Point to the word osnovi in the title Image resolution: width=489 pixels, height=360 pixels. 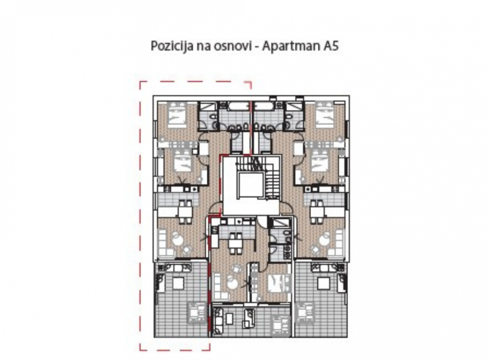[x=233, y=46]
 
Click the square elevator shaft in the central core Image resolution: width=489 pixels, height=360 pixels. [x=251, y=186]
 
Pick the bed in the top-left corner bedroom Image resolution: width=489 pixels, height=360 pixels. [x=177, y=116]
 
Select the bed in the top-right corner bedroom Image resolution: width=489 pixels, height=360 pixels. [x=324, y=116]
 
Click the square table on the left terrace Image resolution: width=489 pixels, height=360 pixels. [x=178, y=283]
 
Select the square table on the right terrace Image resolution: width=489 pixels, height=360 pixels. [x=323, y=283]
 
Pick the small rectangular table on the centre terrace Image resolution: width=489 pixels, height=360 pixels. [x=230, y=318]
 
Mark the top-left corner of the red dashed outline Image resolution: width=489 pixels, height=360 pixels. [x=140, y=81]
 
